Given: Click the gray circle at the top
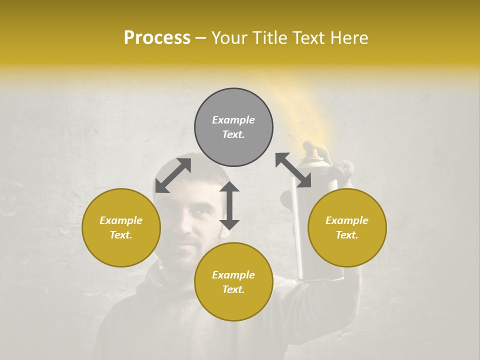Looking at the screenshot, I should pyautogui.click(x=233, y=127).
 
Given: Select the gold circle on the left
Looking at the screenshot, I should pyautogui.click(x=121, y=227).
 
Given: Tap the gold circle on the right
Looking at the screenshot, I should pyautogui.click(x=347, y=227).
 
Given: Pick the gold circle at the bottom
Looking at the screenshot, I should pyautogui.click(x=233, y=282).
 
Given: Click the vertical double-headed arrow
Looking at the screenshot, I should pyautogui.click(x=229, y=205).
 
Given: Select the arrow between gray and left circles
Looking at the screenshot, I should pyautogui.click(x=173, y=175).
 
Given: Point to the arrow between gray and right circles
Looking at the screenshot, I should pyautogui.click(x=293, y=170).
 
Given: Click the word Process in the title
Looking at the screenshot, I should pyautogui.click(x=157, y=38).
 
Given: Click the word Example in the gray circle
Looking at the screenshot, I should pyautogui.click(x=233, y=120).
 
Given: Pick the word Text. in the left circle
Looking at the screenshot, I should pyautogui.click(x=121, y=235).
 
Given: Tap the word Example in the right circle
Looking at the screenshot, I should pyautogui.click(x=347, y=220).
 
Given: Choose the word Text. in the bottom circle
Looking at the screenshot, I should pyautogui.click(x=233, y=289).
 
